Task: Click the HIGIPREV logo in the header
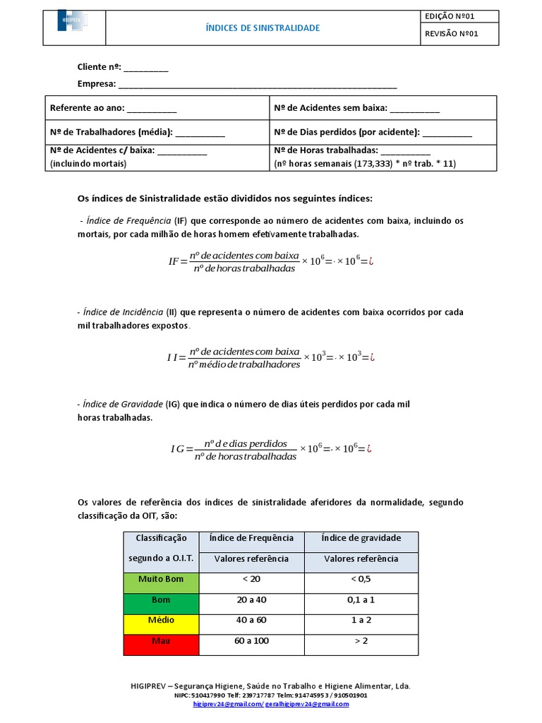73,22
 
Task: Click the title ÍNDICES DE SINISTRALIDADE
263,28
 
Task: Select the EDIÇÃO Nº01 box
459,16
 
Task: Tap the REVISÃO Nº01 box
459,34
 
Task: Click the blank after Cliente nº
147,68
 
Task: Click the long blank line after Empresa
258,84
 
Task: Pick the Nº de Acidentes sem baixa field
414,108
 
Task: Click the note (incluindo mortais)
88,163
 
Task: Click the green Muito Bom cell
161,580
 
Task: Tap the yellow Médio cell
161,621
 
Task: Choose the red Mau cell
161,641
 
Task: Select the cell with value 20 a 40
252,600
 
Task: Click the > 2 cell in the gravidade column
361,641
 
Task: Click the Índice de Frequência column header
252,538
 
